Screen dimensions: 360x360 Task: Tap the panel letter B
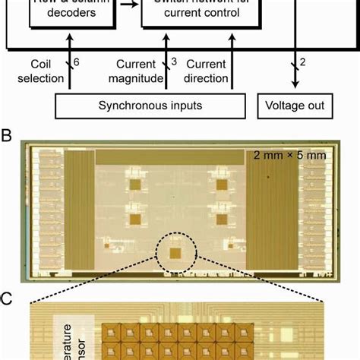coord(7,137)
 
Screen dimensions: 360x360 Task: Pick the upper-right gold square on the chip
coord(223,185)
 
